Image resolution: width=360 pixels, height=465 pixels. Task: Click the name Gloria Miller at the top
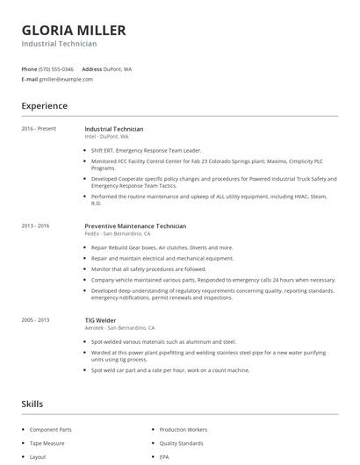tap(74, 30)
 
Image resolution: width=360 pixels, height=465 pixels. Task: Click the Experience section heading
tap(44, 106)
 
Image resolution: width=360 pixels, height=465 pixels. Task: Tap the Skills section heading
tap(32, 404)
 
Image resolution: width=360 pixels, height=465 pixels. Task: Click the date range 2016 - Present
tap(39, 129)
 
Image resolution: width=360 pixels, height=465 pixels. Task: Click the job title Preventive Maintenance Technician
tap(135, 225)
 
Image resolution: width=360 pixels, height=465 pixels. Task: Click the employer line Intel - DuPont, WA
tap(106, 137)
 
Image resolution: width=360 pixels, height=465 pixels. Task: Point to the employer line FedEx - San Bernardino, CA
tap(118, 233)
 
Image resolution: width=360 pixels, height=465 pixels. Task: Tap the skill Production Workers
tap(183, 430)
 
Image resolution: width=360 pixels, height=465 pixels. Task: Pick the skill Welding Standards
tap(183, 443)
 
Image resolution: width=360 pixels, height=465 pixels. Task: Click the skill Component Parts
tap(51, 430)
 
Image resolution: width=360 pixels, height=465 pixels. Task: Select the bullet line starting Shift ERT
tap(140, 150)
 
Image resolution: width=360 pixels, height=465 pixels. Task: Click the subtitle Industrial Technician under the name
tap(59, 44)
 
